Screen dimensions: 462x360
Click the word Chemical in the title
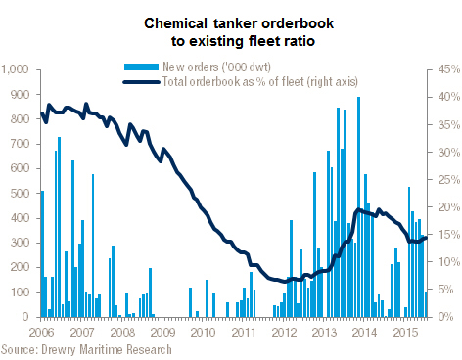pos(175,23)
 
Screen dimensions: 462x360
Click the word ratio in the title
pos(299,41)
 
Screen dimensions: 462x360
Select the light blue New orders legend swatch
pos(141,67)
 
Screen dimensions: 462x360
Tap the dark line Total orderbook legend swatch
pos(141,82)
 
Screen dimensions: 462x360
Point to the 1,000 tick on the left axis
pos(15,69)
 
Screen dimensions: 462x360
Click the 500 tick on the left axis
pos(20,193)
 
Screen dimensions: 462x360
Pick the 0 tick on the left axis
pos(25,317)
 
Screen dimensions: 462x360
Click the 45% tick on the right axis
pos(449,69)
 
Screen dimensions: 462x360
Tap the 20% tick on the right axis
pos(449,207)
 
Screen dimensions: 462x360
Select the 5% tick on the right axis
pos(446,290)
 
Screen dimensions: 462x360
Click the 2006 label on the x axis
pos(41,333)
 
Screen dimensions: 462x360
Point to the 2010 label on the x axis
pos(203,333)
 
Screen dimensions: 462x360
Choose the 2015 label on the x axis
pos(405,333)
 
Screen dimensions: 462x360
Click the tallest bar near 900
pos(358,206)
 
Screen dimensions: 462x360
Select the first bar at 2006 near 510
pos(42,253)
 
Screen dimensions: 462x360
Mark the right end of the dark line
pos(426,238)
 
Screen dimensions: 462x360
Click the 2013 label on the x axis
pos(324,333)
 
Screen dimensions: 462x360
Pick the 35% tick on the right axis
pos(449,125)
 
